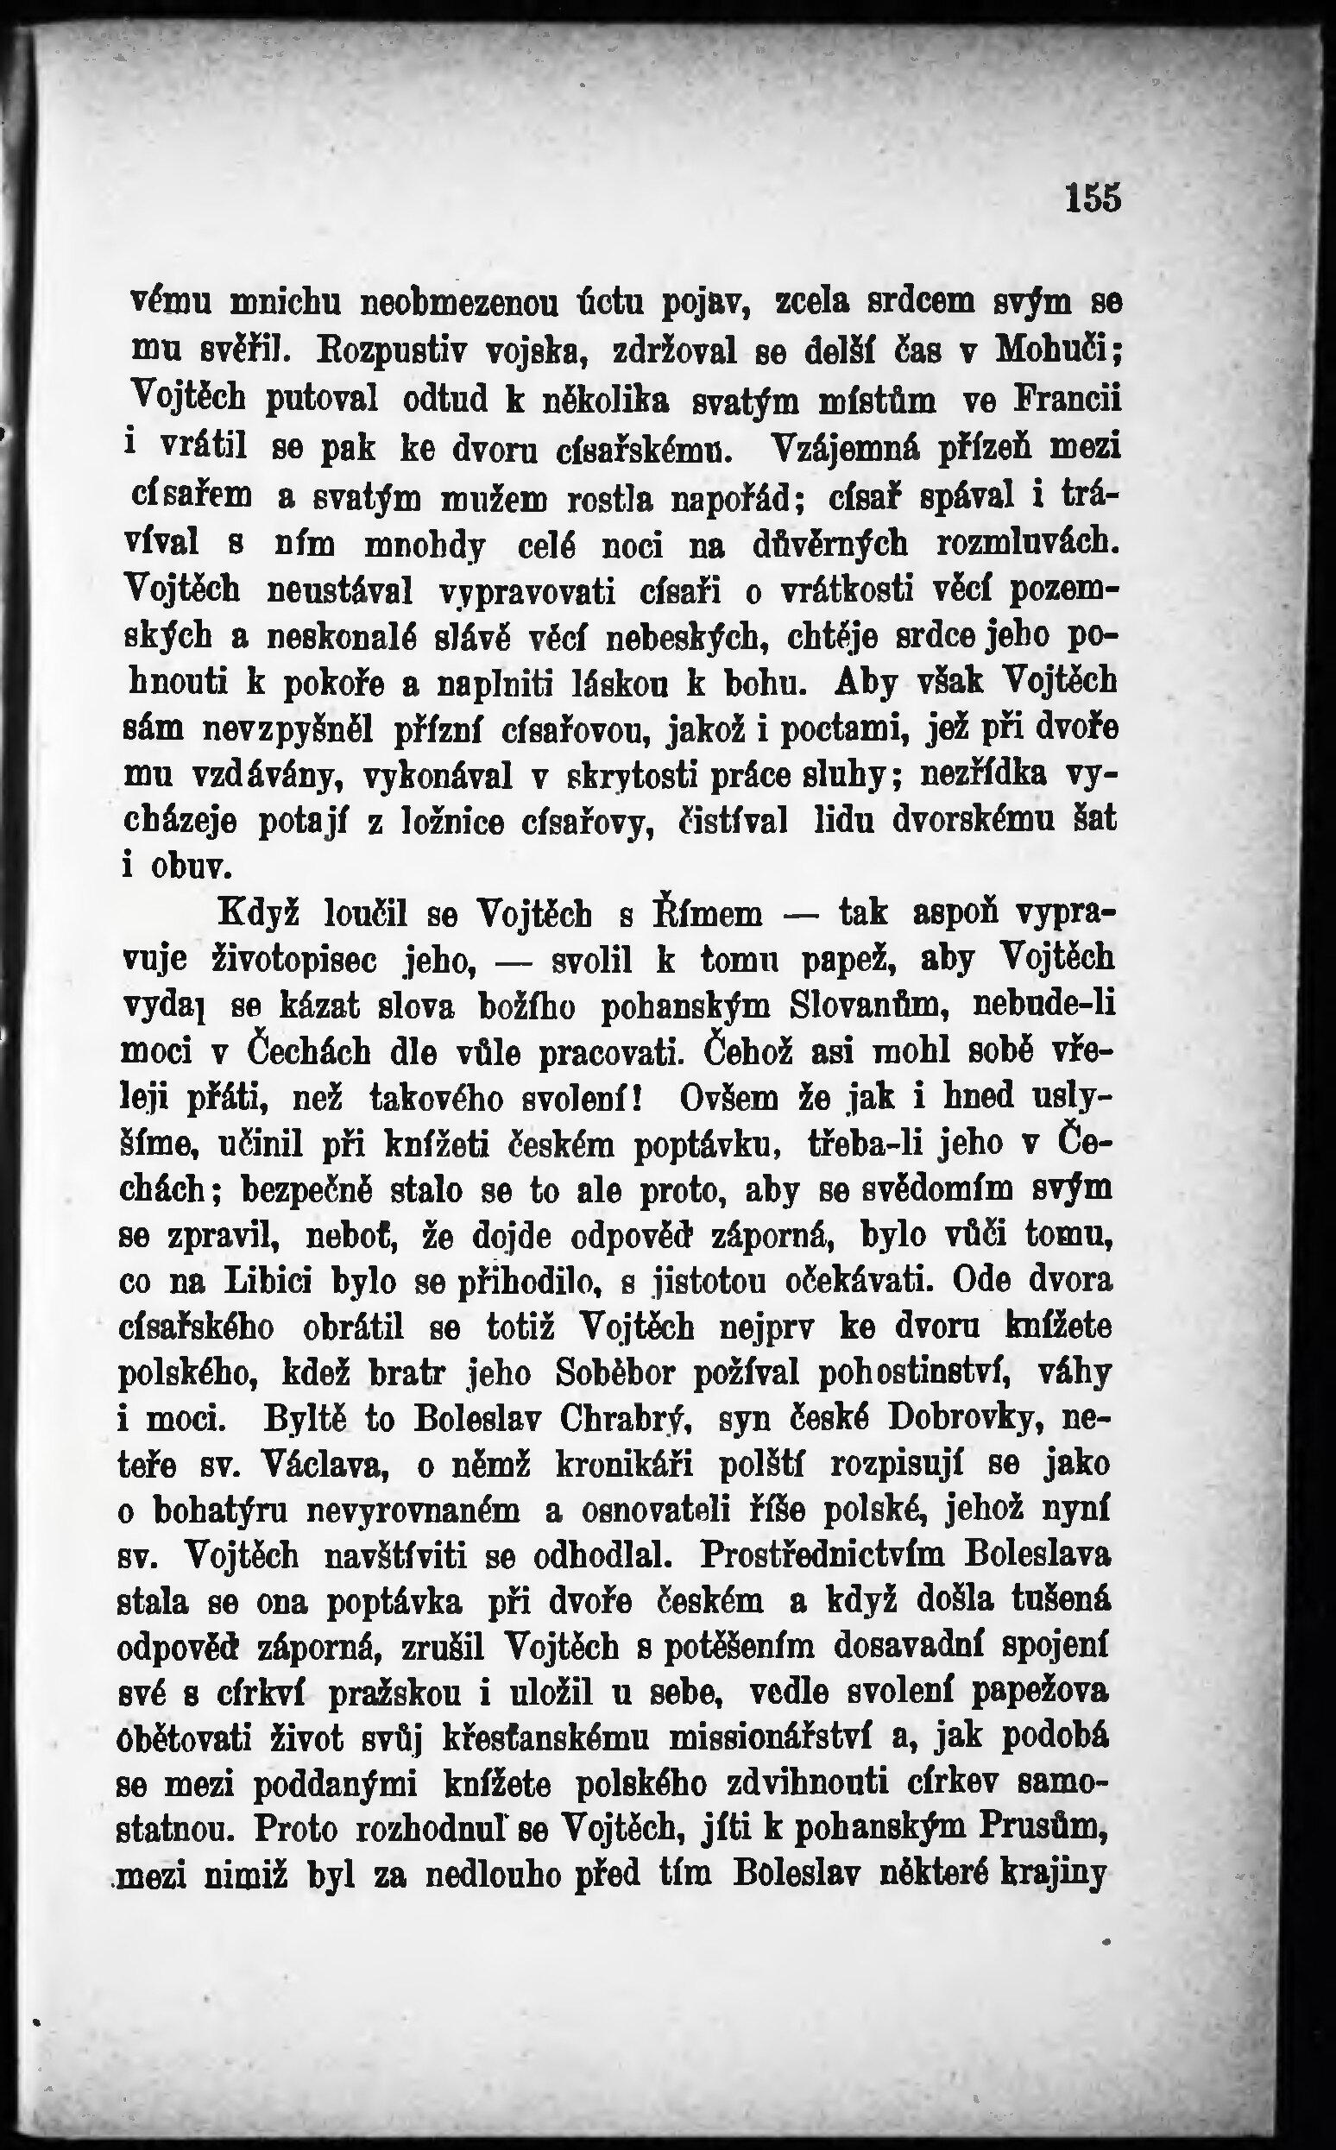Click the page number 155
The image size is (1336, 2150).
1092,198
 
